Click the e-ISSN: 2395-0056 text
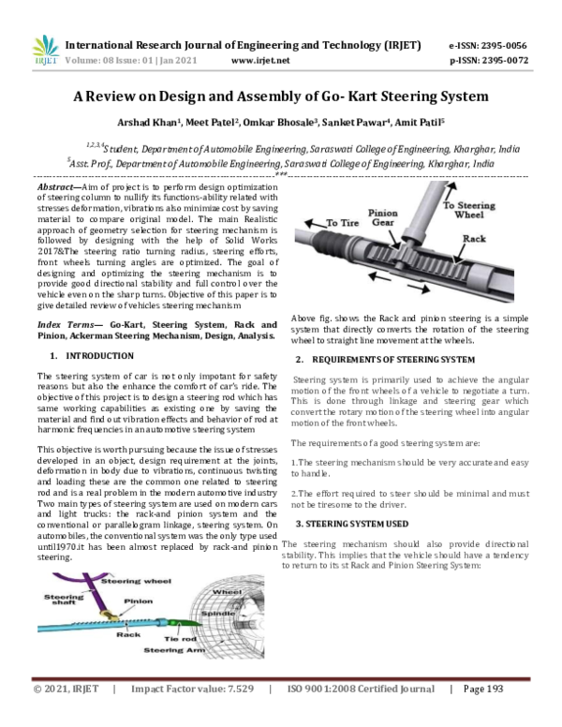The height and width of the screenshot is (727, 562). click(x=487, y=45)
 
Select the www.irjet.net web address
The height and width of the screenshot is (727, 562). click(x=259, y=61)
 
